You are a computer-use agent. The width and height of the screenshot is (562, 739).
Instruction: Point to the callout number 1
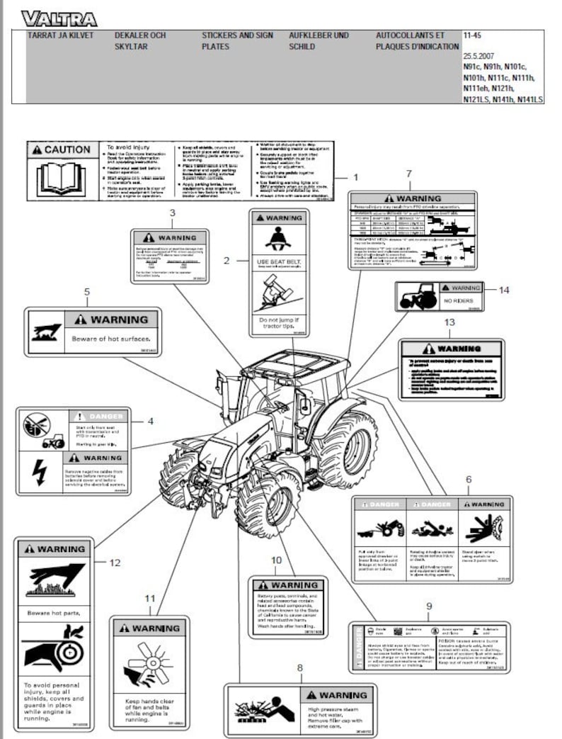[356, 176]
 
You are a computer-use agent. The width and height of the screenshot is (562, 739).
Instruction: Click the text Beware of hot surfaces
[111, 339]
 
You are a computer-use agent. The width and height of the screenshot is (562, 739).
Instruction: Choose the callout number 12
[115, 563]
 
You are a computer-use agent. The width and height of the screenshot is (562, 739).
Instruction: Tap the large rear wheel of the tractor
[347, 450]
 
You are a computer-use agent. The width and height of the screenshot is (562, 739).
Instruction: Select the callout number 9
[428, 606]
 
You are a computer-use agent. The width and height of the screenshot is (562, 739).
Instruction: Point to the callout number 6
[469, 480]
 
